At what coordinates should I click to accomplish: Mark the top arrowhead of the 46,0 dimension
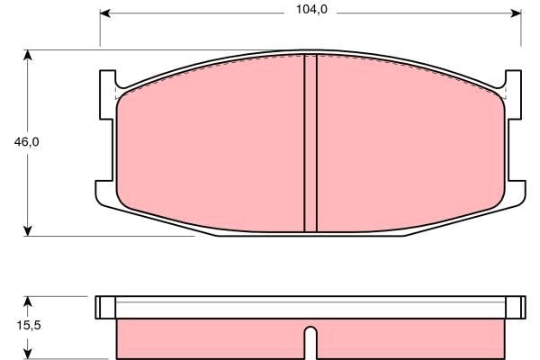point(29,55)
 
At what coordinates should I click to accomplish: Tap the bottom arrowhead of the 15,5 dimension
point(29,354)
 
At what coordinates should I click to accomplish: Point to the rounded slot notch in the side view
point(310,342)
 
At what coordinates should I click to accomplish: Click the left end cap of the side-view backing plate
point(105,307)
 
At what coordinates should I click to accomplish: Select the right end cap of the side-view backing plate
point(515,307)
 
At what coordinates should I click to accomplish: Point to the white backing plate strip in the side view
point(310,307)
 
